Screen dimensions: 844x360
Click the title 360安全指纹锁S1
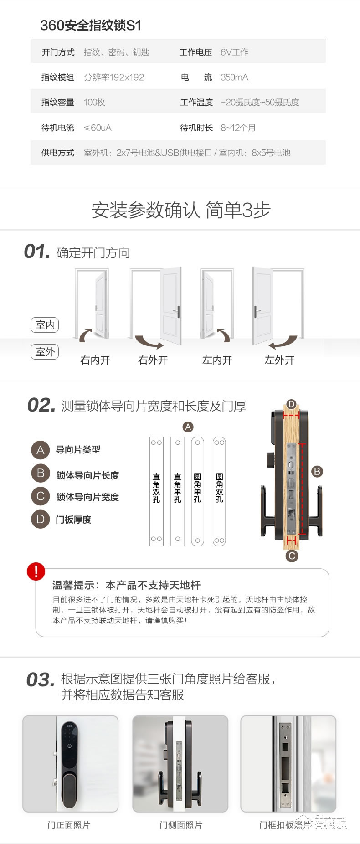[x=91, y=25]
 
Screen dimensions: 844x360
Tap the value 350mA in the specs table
[x=234, y=77]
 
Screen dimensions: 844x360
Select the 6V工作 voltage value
[x=234, y=52]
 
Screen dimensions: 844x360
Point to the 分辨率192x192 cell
[x=114, y=77]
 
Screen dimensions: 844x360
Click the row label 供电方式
[x=58, y=153]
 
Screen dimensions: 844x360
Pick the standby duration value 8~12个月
[x=238, y=128]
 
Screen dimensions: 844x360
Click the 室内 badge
[x=45, y=325]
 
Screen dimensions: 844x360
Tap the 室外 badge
[x=45, y=352]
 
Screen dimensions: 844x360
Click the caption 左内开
[x=217, y=360]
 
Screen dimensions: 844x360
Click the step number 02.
[x=41, y=405]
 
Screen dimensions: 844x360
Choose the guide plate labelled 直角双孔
[x=156, y=491]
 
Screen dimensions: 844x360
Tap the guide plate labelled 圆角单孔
[x=197, y=491]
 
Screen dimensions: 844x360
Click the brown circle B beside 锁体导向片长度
[x=40, y=473]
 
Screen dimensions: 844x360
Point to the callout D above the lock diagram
[x=291, y=404]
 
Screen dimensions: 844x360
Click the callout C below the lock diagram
[x=292, y=556]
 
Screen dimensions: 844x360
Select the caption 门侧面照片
[x=180, y=825]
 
